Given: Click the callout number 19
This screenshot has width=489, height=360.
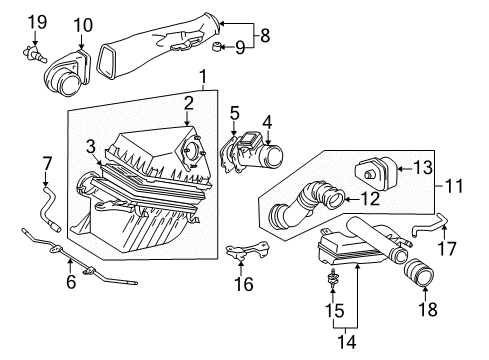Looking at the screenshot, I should click(36, 22).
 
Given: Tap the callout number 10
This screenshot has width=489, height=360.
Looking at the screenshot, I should click(82, 24).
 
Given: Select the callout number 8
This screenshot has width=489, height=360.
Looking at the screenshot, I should click(265, 34).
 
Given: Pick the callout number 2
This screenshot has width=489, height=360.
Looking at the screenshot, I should click(187, 103).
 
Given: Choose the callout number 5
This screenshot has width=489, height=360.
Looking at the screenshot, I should click(235, 112).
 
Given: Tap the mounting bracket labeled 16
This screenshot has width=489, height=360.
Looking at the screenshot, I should click(241, 255).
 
